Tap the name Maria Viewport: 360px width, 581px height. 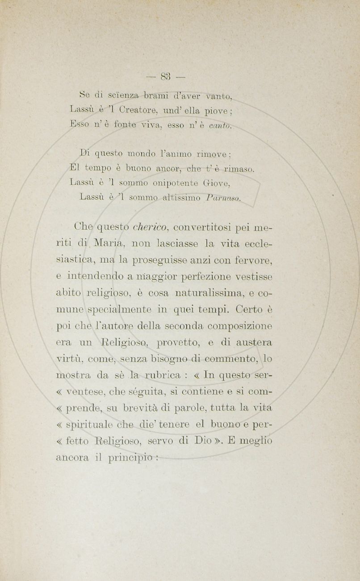[106, 244]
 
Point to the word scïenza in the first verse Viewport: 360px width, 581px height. [109, 94]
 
